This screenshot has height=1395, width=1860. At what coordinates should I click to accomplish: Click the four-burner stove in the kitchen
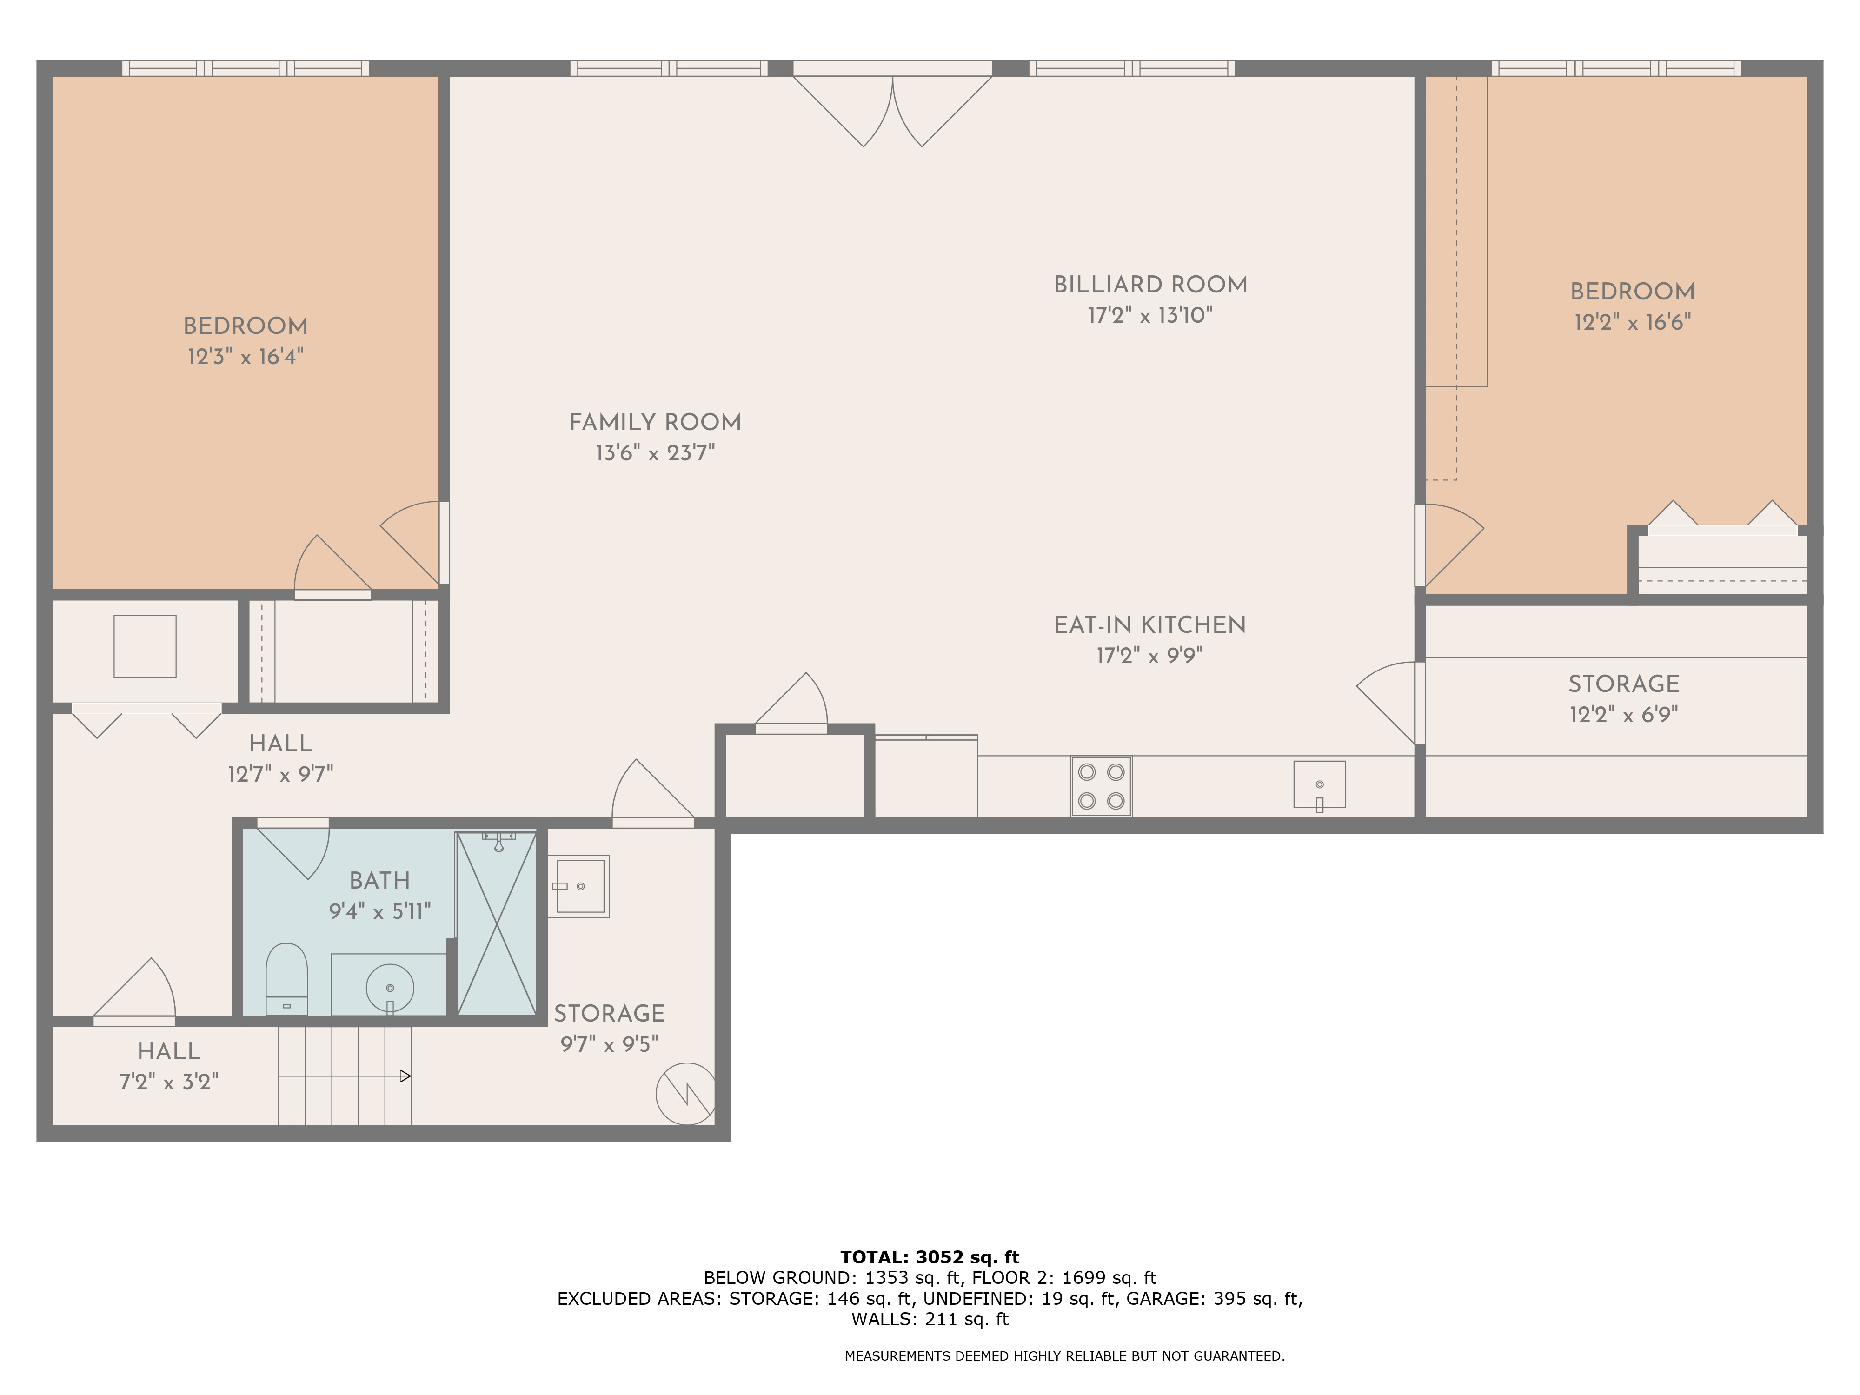[1101, 786]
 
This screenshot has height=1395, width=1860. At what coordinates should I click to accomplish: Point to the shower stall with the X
[496, 923]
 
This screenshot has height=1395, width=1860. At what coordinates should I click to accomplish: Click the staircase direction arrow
[345, 1076]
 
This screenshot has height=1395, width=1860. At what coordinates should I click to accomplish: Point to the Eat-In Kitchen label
[1149, 625]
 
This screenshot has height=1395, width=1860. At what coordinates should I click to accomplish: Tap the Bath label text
[380, 880]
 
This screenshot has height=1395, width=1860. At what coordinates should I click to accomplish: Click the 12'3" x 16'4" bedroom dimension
[246, 357]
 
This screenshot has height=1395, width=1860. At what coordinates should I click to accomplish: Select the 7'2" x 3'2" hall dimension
[169, 1081]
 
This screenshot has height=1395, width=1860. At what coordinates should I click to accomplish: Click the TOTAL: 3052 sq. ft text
[930, 1257]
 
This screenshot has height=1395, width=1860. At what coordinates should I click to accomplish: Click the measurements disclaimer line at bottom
[1064, 1355]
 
